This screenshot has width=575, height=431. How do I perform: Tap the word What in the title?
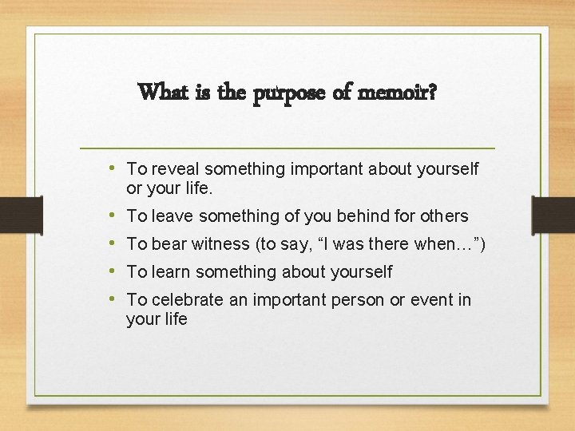(164, 93)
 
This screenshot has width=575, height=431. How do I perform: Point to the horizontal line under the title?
(287, 148)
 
